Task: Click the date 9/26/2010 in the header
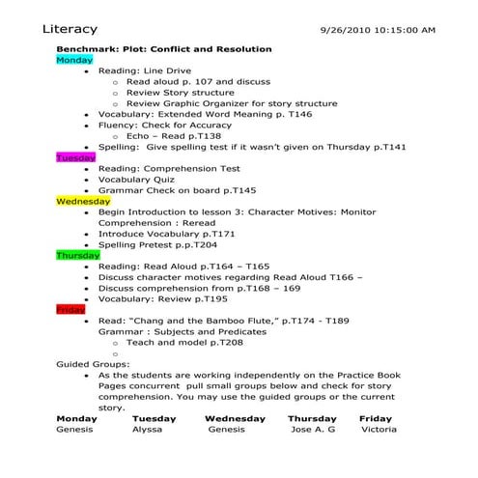(345, 31)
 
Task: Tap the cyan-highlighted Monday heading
(74, 60)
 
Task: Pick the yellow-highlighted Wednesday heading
(83, 201)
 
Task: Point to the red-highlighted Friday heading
(70, 309)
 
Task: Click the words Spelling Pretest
(142, 244)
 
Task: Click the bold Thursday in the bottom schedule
(312, 418)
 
